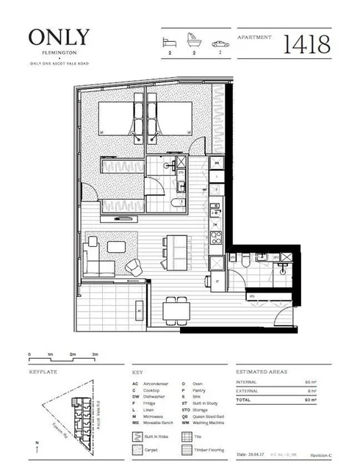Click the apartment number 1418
click(309, 45)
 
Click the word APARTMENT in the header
click(255, 35)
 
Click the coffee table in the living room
click(116, 246)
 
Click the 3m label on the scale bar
click(96, 354)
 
